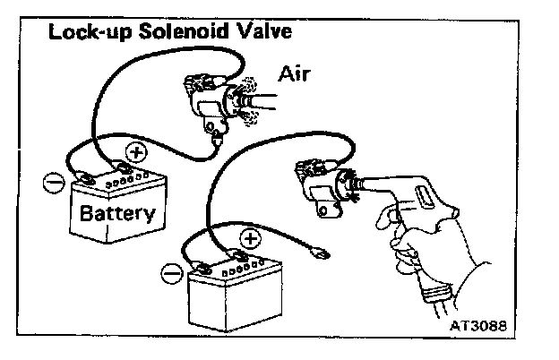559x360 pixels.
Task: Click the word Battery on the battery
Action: (117, 214)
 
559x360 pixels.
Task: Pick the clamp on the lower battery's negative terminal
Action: (203, 265)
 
